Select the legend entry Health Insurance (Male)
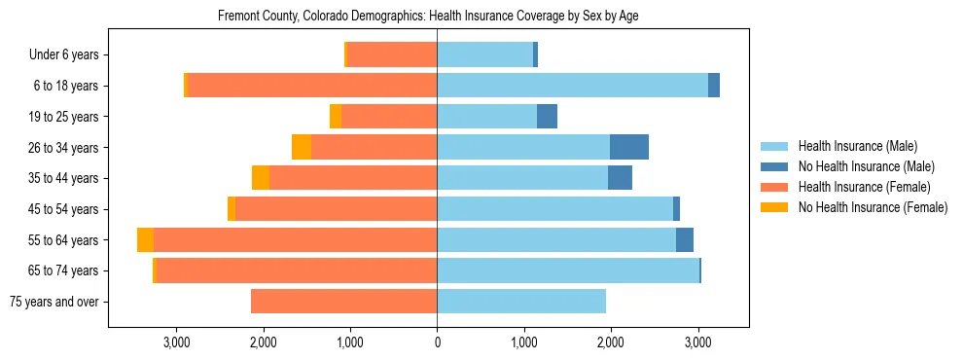click(856, 146)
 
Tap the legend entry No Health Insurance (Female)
click(872, 207)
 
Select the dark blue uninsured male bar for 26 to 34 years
click(629, 147)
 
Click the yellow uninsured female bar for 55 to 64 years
click(145, 239)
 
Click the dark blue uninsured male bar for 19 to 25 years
click(547, 117)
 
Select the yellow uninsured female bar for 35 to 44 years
click(261, 178)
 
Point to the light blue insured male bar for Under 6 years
click(484, 55)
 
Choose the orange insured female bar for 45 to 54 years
click(336, 209)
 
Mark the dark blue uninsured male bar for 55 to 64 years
click(685, 239)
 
